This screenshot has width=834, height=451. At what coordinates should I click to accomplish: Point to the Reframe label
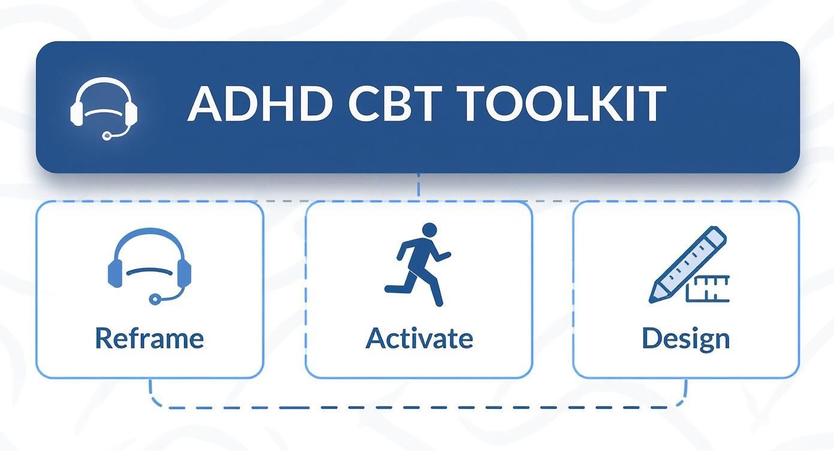149,338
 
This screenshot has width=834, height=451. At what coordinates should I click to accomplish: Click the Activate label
419,338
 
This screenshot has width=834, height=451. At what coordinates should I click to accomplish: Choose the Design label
685,338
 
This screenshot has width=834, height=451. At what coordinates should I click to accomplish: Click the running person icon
419,264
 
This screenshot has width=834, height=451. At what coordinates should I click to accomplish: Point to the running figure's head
429,230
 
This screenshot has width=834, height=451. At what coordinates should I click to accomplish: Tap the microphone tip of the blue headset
155,298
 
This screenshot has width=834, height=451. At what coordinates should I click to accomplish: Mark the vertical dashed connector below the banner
418,187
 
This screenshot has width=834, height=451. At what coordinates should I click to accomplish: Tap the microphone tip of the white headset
107,136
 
